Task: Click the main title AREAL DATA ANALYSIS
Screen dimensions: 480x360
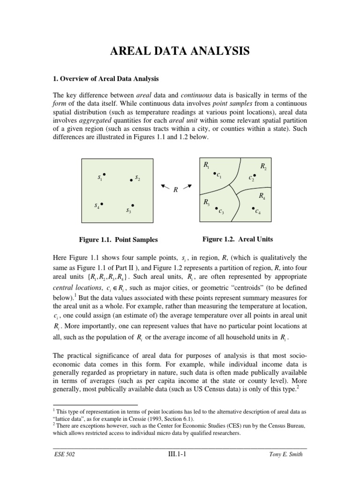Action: tap(180, 52)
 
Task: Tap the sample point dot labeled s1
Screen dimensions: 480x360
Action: tap(104, 174)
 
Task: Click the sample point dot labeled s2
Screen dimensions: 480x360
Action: tap(131, 180)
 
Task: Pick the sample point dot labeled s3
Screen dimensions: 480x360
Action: tap(133, 205)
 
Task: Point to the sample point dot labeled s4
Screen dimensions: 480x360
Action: tap(101, 203)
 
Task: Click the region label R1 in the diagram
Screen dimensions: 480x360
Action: tap(207, 164)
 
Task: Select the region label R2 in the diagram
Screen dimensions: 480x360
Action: tap(263, 166)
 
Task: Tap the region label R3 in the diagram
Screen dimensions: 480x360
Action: tap(207, 202)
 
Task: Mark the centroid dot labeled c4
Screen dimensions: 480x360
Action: tap(253, 208)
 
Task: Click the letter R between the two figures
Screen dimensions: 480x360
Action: tap(175, 190)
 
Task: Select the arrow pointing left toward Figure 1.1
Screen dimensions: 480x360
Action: tap(165, 187)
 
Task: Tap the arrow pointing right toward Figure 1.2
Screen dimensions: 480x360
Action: tap(187, 187)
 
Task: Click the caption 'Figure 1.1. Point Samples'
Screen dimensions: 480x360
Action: tap(118, 240)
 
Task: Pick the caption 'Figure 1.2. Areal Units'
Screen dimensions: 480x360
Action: tap(238, 239)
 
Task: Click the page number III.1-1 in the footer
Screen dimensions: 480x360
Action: tap(180, 454)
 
